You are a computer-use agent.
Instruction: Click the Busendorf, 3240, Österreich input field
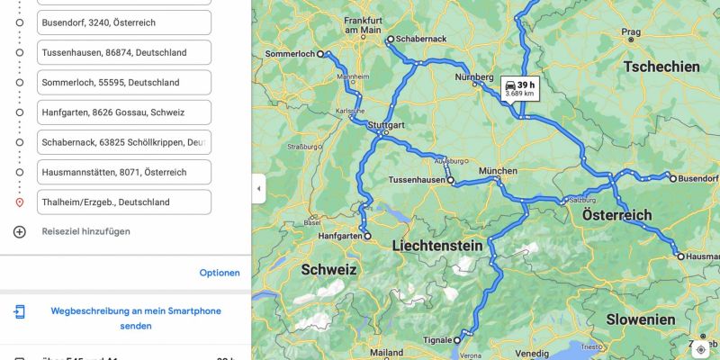coord(124,22)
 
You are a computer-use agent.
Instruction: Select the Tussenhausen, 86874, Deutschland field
coord(124,52)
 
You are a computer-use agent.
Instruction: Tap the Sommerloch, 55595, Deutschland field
coord(124,82)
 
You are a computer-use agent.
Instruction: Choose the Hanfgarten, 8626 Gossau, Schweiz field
coord(124,112)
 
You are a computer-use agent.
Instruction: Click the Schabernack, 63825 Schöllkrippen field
coord(124,142)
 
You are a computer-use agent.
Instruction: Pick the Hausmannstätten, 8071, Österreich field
coord(124,172)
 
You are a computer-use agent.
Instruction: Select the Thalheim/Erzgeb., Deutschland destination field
coord(124,202)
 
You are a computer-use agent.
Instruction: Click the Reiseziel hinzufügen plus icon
coord(20,231)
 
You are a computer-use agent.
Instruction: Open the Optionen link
coord(220,273)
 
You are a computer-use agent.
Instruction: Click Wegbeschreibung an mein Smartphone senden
coord(135,319)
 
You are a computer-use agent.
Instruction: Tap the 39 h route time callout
coord(520,87)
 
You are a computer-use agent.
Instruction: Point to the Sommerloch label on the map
coord(290,55)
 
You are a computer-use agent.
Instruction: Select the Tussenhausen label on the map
coord(417,181)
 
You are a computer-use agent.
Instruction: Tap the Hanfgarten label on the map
coord(340,237)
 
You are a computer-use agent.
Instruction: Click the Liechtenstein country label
coord(437,246)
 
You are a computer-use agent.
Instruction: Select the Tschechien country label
coord(661,67)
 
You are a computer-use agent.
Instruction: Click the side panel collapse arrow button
coord(259,188)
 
